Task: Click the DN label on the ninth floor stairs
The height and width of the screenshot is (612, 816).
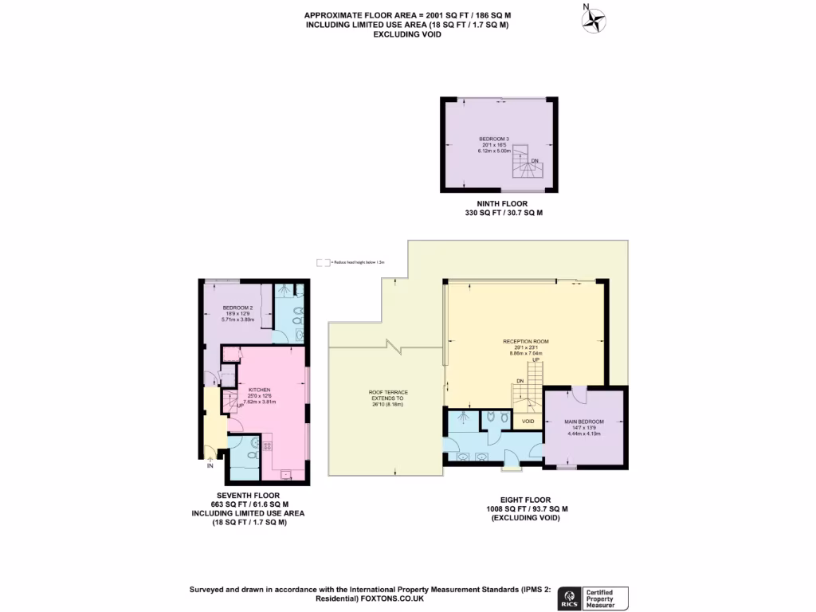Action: click(x=535, y=161)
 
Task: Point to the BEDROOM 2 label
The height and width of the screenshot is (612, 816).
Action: click(x=237, y=308)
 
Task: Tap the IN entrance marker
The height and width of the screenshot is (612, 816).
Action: click(x=210, y=465)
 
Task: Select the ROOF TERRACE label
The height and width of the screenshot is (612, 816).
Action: click(x=388, y=393)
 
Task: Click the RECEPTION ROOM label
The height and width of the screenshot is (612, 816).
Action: click(x=525, y=341)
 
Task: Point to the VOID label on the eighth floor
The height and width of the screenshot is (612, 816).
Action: click(x=528, y=421)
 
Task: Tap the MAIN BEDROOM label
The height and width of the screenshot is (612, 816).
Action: click(x=584, y=422)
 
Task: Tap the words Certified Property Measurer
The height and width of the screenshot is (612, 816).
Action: click(x=605, y=598)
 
